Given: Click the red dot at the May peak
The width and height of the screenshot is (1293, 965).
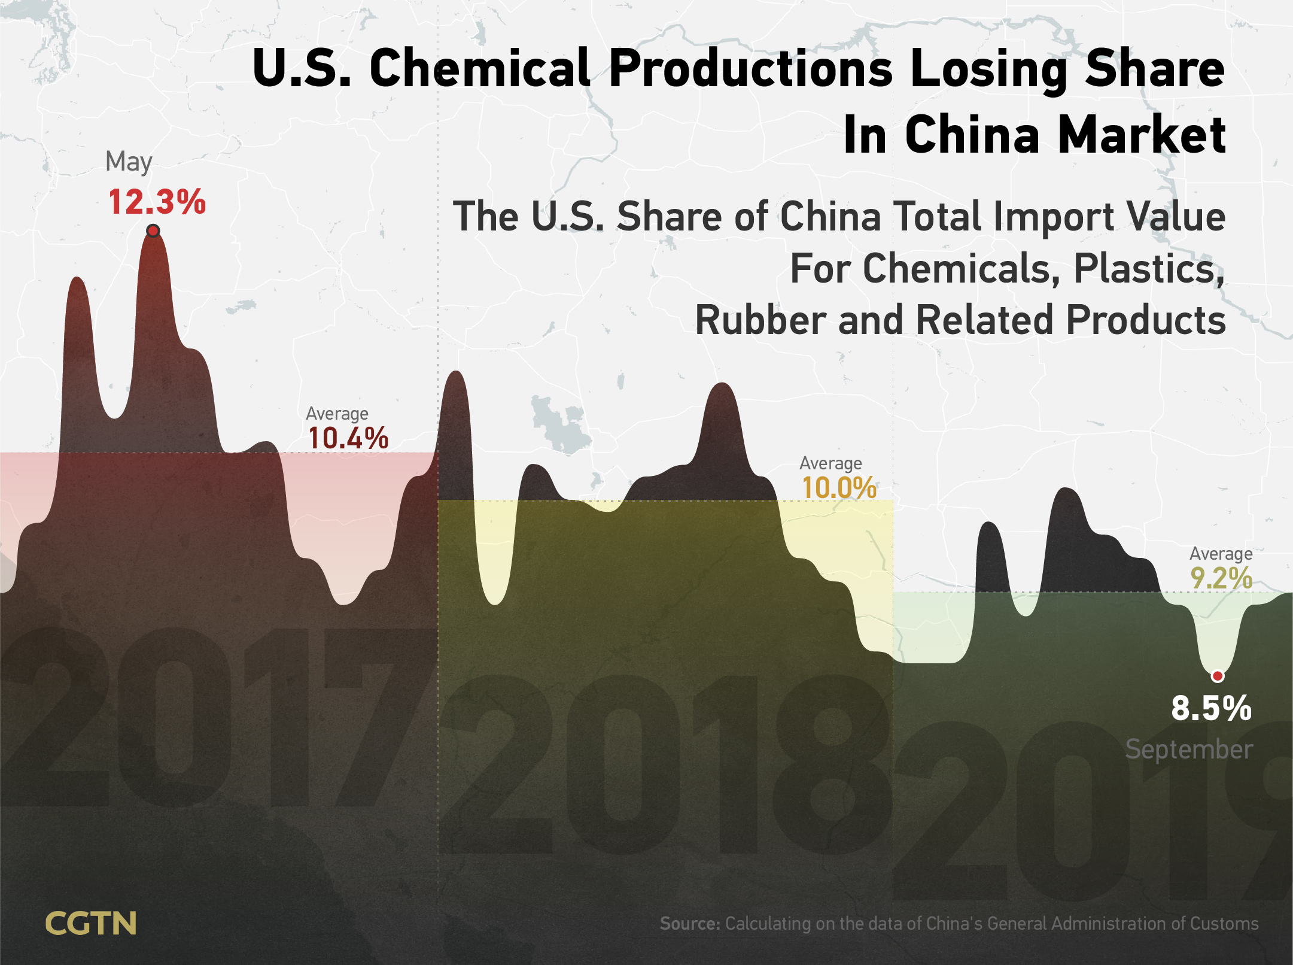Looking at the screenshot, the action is coord(153,230).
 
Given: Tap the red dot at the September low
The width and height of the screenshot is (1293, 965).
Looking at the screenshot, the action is coord(1218,676).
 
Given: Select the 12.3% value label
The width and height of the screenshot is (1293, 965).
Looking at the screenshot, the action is coord(157,202).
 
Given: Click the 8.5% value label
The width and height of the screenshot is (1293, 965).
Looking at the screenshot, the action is coord(1212,708).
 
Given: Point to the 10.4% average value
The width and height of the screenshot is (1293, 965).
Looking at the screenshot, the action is coord(348,438).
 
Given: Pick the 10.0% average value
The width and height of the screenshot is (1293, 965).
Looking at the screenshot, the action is coord(839,487).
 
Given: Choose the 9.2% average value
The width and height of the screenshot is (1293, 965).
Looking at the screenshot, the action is coord(1221,578).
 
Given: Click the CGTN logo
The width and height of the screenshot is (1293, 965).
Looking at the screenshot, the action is coord(91,923).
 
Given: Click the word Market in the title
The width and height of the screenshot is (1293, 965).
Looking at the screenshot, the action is coord(1142,135).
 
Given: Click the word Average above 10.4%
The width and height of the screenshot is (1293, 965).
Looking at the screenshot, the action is coord(337,414).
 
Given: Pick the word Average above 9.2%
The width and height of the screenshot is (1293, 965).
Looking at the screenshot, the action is coord(1221,554).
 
